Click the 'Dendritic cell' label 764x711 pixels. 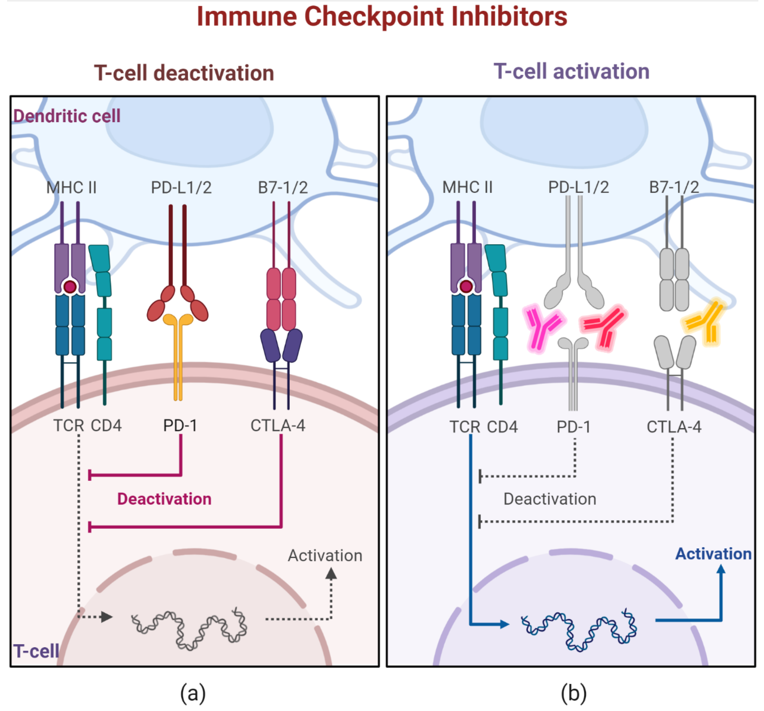click(x=66, y=116)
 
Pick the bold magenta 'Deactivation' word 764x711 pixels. click(x=164, y=499)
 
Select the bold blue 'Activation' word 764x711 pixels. click(x=713, y=554)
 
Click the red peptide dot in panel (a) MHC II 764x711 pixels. click(x=70, y=287)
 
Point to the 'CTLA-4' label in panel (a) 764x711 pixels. click(x=278, y=426)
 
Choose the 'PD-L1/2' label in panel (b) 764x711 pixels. click(x=578, y=187)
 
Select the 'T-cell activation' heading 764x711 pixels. click(x=571, y=72)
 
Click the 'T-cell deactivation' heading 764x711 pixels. click(x=184, y=73)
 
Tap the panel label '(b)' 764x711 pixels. click(x=573, y=693)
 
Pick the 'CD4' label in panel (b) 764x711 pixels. click(x=502, y=427)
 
